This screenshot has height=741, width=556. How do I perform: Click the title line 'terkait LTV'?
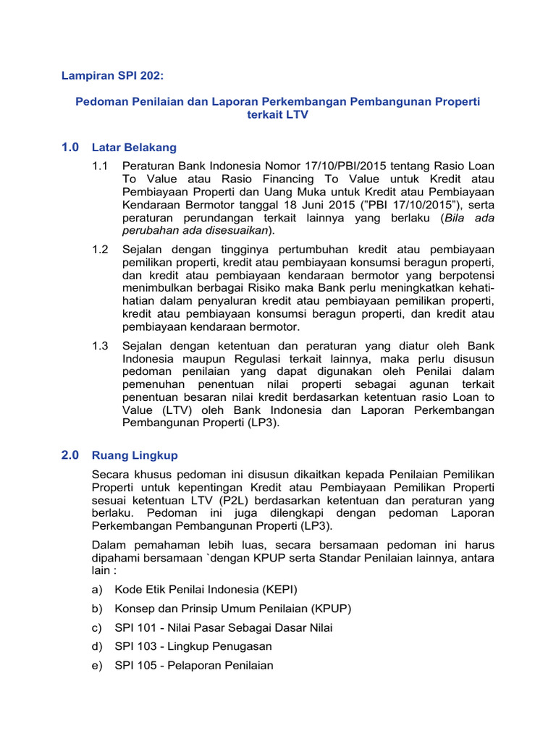pyautogui.click(x=278, y=116)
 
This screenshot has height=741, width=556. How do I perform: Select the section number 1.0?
pyautogui.click(x=70, y=148)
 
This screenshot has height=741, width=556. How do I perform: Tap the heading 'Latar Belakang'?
pyautogui.click(x=134, y=148)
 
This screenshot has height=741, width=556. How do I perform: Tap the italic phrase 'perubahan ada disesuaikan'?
pyautogui.click(x=195, y=230)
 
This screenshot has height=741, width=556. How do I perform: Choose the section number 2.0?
pyautogui.click(x=70, y=455)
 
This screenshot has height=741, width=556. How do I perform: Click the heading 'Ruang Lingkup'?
pyautogui.click(x=135, y=456)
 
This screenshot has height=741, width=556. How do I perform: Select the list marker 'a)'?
pyautogui.click(x=98, y=589)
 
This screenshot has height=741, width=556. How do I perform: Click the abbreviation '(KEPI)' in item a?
pyautogui.click(x=272, y=589)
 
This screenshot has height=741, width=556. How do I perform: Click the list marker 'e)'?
pyautogui.click(x=98, y=666)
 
